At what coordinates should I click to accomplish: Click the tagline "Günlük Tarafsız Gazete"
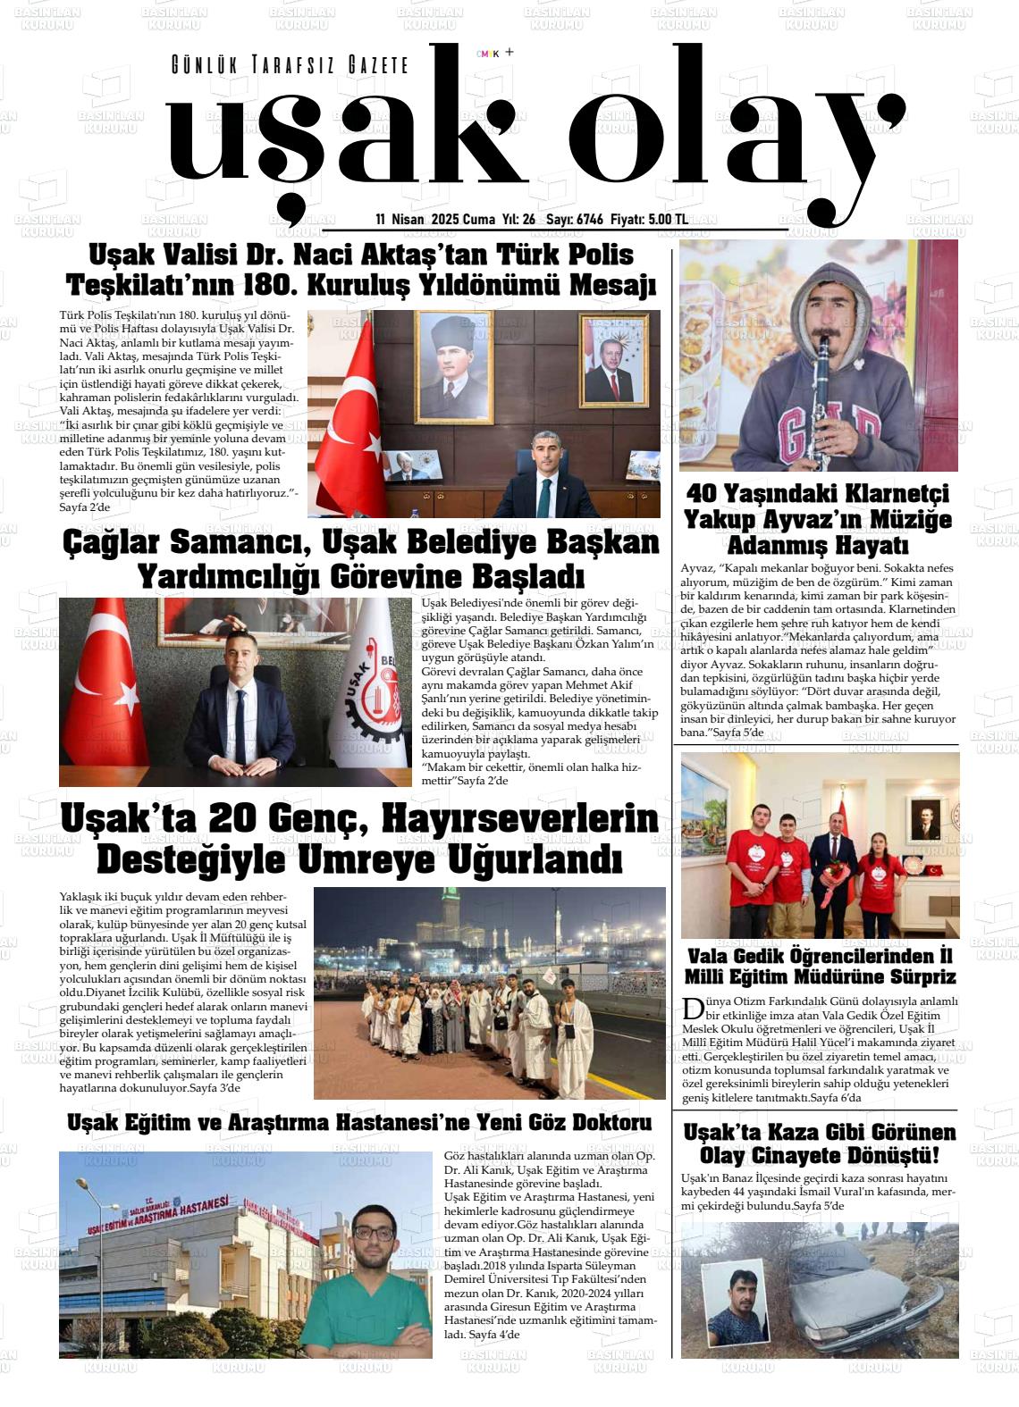289,65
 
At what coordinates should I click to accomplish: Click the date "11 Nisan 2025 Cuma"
435,220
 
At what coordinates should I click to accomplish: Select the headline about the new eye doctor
359,1123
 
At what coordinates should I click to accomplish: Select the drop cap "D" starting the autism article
692,1009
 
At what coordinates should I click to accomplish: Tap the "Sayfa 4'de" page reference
494,1334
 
